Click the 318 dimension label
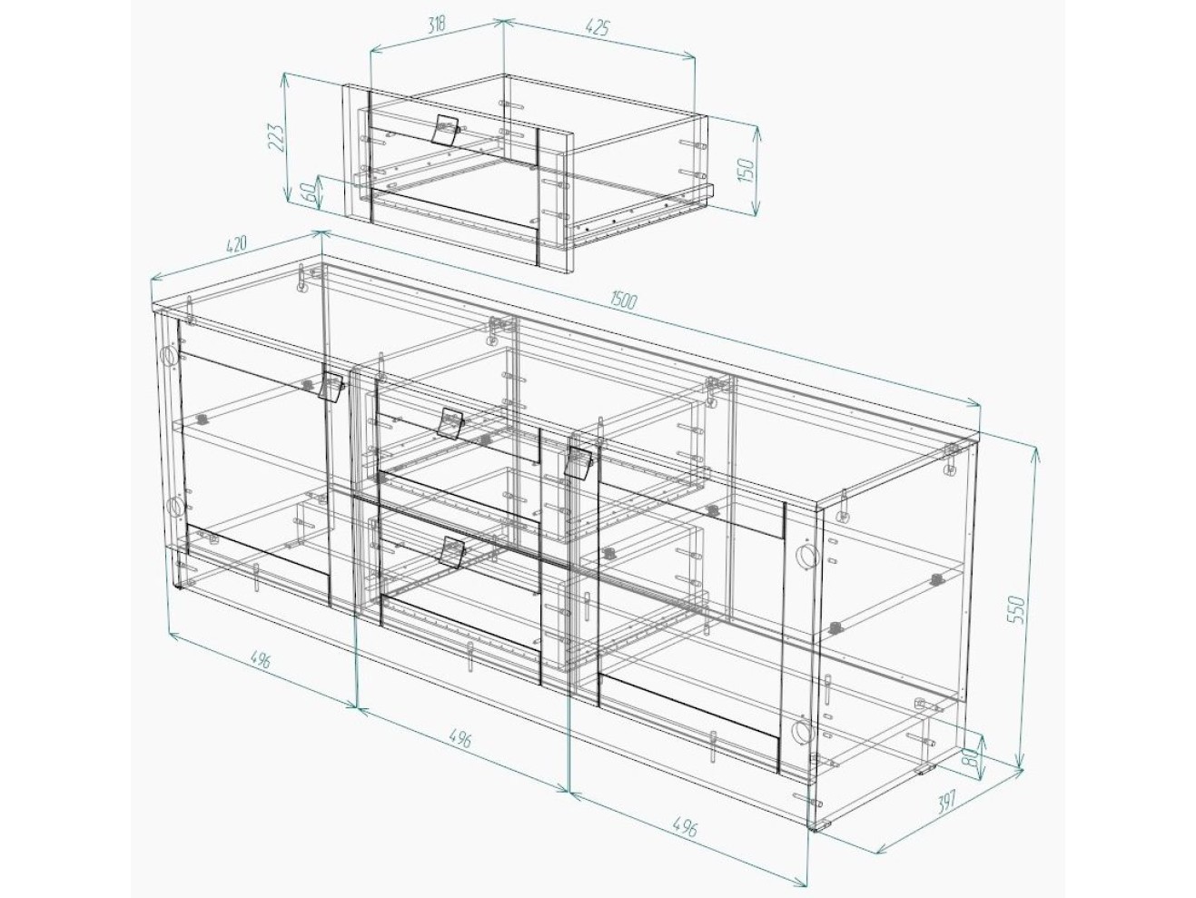click(437, 25)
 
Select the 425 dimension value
click(598, 27)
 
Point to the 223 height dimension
click(277, 138)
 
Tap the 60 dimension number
click(309, 192)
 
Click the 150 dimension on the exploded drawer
click(747, 170)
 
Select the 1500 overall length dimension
click(622, 301)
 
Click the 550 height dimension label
click(1018, 610)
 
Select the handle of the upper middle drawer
click(451, 422)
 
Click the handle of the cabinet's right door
click(578, 463)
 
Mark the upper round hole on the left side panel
click(169, 356)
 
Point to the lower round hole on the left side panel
click(176, 506)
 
